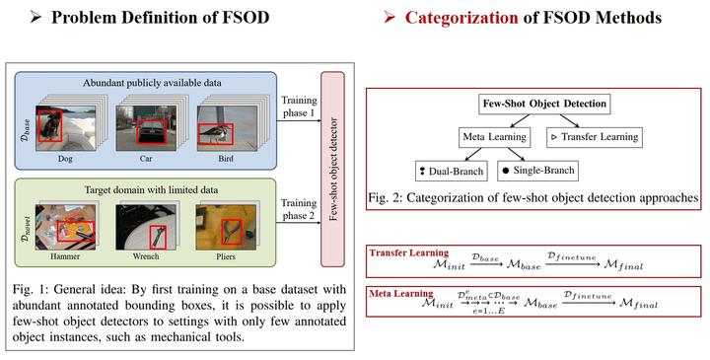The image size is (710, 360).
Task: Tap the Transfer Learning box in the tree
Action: tap(593, 137)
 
